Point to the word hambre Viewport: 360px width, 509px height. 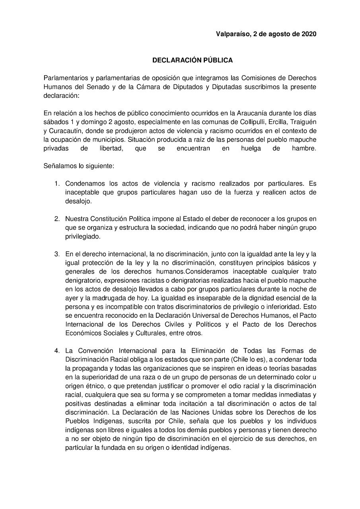coord(304,148)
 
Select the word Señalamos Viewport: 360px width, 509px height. coord(58,165)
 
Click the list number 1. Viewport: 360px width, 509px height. coord(57,184)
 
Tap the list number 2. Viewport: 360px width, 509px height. coord(57,219)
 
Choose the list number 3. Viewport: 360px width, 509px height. coord(57,254)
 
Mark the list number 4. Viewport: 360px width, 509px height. coord(57,351)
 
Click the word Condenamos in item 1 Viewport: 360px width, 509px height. coord(85,184)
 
